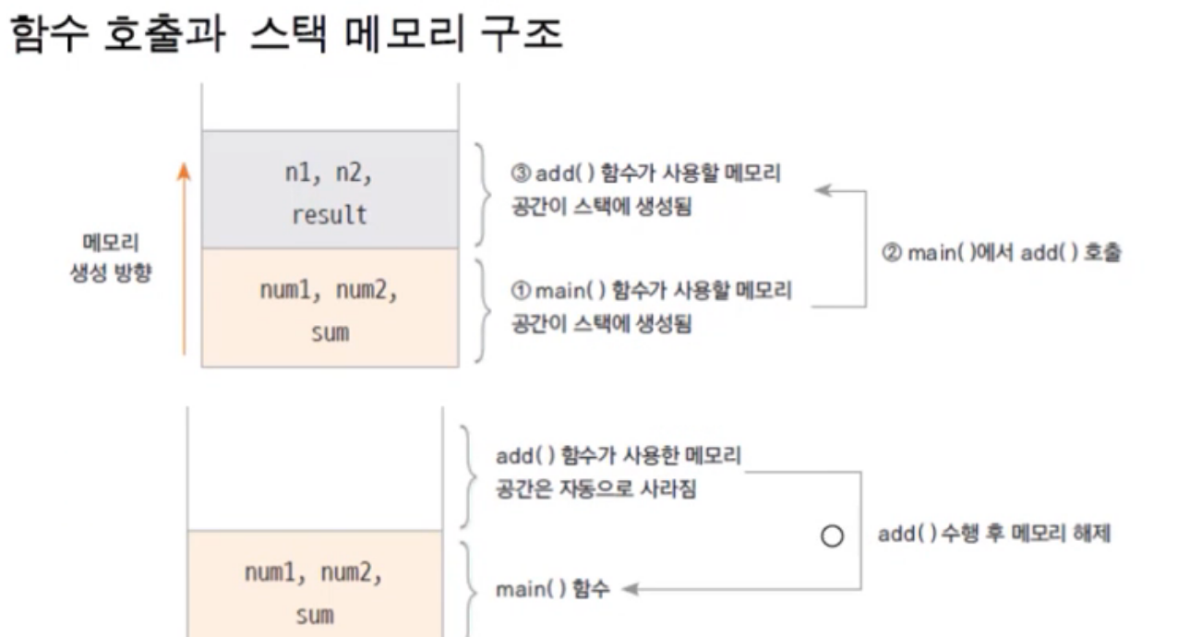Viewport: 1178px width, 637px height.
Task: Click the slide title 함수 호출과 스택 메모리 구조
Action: [286, 33]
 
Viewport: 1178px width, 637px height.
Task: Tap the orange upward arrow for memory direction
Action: [184, 258]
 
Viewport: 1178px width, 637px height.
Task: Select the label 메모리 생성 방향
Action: [111, 258]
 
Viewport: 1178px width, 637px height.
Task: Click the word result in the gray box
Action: [330, 215]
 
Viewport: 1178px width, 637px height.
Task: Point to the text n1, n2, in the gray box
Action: [329, 173]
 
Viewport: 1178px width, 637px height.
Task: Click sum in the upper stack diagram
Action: [331, 333]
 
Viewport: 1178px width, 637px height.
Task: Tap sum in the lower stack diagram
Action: [315, 616]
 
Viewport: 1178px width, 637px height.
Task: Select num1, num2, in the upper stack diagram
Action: [330, 291]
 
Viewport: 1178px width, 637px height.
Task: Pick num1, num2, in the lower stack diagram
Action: [314, 572]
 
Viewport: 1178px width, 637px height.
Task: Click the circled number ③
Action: [521, 173]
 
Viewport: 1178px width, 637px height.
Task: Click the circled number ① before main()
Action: [521, 291]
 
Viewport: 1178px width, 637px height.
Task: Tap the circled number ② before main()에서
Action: [892, 253]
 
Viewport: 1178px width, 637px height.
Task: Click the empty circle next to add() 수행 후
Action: [832, 536]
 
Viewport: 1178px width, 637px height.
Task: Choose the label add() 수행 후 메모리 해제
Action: [994, 535]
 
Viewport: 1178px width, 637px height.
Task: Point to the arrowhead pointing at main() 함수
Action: [631, 589]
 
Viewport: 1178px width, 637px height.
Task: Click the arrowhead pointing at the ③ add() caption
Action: [823, 190]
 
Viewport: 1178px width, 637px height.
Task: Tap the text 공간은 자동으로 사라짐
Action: [595, 489]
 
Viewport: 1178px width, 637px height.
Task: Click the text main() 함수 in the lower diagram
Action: [553, 589]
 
